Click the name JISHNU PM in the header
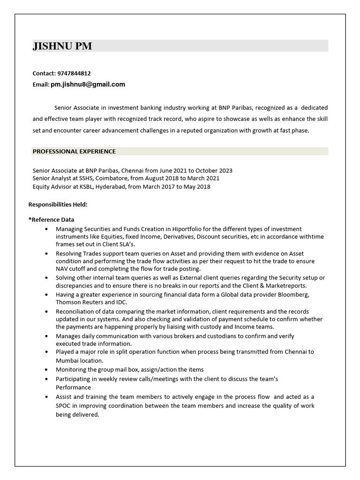pyautogui.click(x=62, y=46)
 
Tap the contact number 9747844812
pyautogui.click(x=74, y=74)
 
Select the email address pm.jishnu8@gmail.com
pyautogui.click(x=88, y=84)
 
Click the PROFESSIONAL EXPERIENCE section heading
pyautogui.click(x=74, y=151)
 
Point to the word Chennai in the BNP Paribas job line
pyautogui.click(x=133, y=171)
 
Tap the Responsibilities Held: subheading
pyautogui.click(x=58, y=204)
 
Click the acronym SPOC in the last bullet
pyautogui.click(x=64, y=405)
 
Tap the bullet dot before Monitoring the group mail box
pyautogui.click(x=46, y=370)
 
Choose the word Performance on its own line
pyautogui.click(x=73, y=388)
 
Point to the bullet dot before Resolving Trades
pyautogui.click(x=46, y=253)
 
